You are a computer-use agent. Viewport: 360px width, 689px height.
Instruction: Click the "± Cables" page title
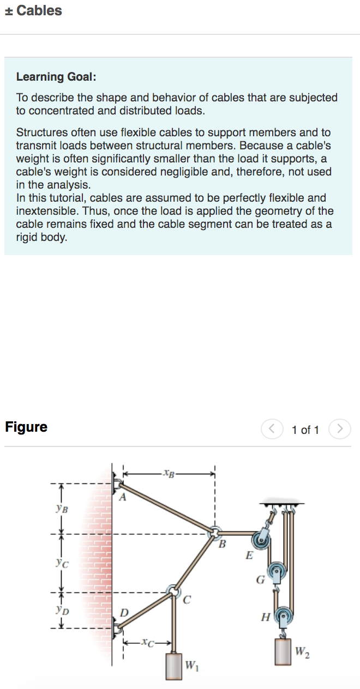33,11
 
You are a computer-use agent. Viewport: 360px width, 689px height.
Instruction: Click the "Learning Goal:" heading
56,77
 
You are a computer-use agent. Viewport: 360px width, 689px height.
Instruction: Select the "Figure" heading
26,427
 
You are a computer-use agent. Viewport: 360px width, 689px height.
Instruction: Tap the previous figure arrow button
271,429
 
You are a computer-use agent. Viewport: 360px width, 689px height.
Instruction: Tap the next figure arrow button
340,429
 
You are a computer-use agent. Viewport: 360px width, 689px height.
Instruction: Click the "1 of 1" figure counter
305,430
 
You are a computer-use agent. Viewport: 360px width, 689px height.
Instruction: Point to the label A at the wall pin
123,497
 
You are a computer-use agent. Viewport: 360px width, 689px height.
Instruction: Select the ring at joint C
173,591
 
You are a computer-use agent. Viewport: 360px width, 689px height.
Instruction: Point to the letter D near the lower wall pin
124,614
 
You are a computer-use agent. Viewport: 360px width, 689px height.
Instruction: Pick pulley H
283,617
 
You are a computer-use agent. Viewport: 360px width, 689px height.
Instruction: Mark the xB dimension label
169,472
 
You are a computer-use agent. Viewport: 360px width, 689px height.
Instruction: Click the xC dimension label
147,643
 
